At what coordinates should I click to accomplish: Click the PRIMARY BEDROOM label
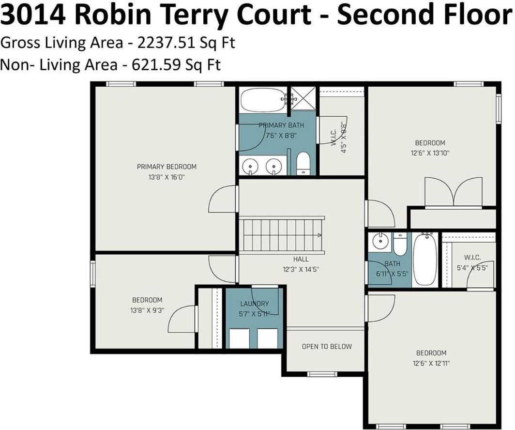click(x=167, y=167)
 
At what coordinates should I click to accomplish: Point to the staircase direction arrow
click(x=319, y=235)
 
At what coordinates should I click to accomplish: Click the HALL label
click(x=301, y=259)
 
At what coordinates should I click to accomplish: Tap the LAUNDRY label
click(x=255, y=304)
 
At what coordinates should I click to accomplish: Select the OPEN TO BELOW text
click(x=327, y=347)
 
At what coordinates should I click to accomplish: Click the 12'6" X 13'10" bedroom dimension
click(x=430, y=153)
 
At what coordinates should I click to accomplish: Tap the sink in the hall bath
click(x=381, y=239)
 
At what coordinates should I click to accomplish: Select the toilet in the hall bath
click(x=400, y=244)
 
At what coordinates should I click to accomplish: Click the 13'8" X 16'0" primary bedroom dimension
click(x=167, y=177)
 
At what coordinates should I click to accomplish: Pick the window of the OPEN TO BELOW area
click(x=322, y=373)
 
